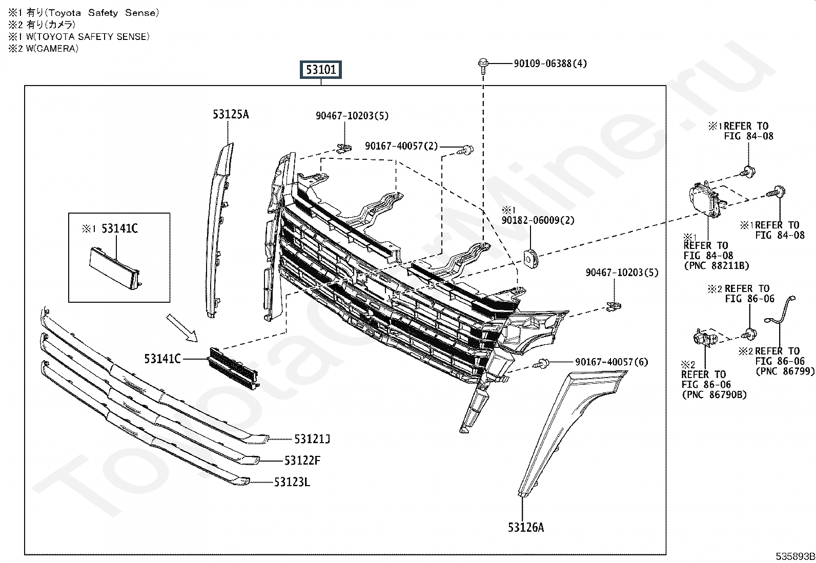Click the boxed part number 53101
320,70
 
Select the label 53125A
231,114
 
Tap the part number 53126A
526,527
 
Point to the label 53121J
312,439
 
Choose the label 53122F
302,461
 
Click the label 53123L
292,482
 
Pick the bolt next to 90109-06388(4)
483,66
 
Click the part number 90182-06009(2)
538,220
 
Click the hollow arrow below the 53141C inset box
182,328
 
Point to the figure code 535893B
795,556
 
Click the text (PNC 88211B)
717,265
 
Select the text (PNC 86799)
785,371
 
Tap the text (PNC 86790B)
714,395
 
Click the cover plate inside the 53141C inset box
114,267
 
